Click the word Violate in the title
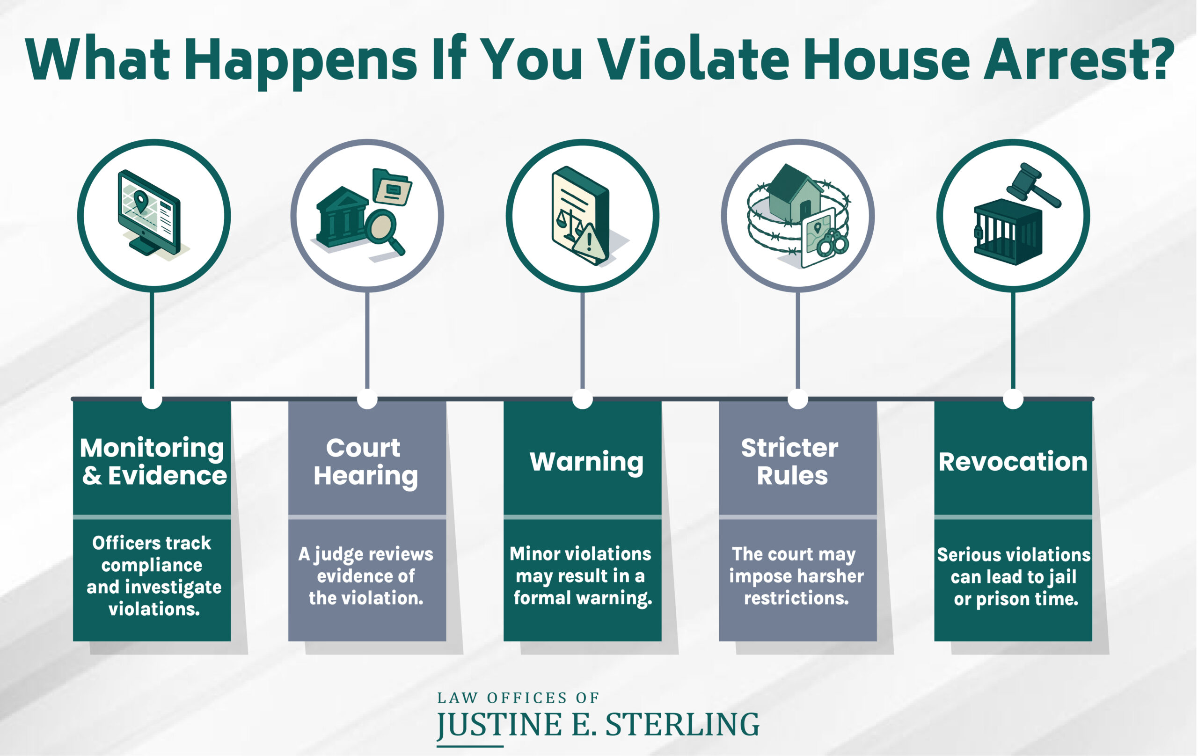coord(693,58)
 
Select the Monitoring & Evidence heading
coord(153,461)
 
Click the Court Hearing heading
coord(365,461)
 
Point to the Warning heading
coord(586,462)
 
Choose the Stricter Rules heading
coord(791,461)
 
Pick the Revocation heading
coord(1013,462)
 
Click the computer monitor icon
coord(149,211)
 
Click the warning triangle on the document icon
coord(590,243)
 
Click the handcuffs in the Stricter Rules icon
coord(833,244)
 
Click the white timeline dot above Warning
coord(582,399)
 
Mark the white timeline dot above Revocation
coord(1013,399)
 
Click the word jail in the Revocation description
coord(1062,576)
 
